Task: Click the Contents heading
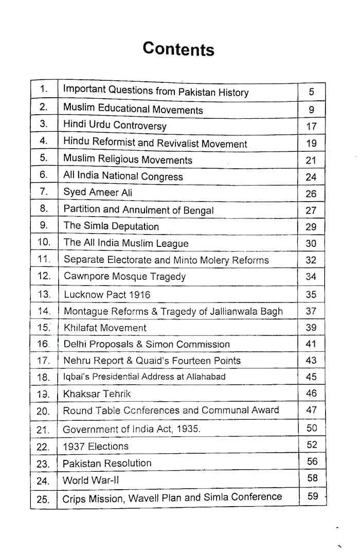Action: [x=178, y=49]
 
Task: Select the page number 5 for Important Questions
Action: [x=311, y=92]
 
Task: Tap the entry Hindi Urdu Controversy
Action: [x=115, y=125]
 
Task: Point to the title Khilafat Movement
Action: [x=105, y=328]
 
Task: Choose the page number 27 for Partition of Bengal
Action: [x=311, y=210]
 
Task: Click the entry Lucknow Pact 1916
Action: [x=107, y=295]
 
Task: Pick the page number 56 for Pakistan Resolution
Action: [x=312, y=461]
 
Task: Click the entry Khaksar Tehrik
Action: [x=97, y=394]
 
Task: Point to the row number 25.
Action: [x=43, y=499]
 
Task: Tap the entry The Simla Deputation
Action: [x=111, y=226]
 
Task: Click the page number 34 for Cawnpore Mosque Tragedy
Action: [x=311, y=276]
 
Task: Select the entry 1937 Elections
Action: [x=96, y=446]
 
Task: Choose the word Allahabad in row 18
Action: [x=207, y=377]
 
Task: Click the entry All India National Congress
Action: [x=123, y=175]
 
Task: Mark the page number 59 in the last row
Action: [x=313, y=496]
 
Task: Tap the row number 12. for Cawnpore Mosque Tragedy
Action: [x=44, y=276]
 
